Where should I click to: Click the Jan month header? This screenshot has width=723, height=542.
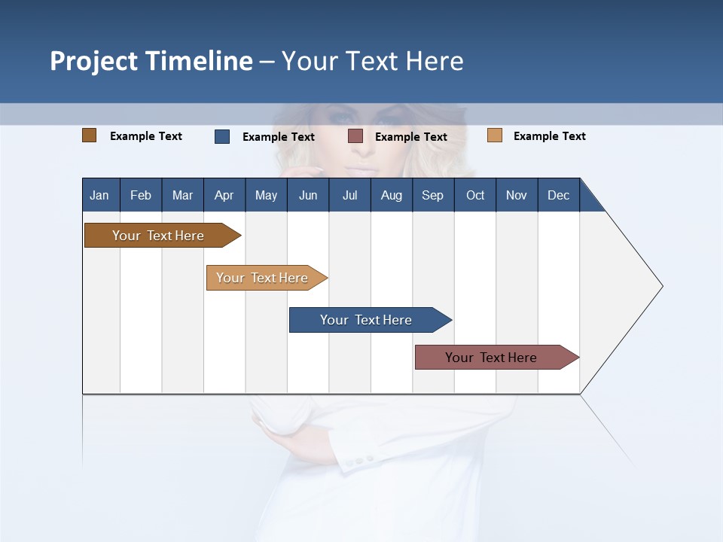coord(99,195)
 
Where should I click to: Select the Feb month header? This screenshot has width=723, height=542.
coord(141,195)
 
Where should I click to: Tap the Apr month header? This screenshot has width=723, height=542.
coord(224,195)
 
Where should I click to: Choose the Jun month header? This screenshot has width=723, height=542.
coord(308,195)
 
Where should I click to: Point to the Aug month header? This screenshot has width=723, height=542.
coord(391,195)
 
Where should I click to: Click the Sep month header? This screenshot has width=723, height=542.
coord(432,195)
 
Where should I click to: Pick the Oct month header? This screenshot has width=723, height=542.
coord(475,195)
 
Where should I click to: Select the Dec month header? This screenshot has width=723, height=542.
coord(558,195)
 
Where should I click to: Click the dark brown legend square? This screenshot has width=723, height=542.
coord(90,135)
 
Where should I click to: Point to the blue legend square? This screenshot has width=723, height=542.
coord(222,136)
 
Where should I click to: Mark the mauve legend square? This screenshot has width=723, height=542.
coord(355,136)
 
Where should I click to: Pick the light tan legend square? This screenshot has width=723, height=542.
coord(495,135)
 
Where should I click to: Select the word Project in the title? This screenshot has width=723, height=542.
coord(92,61)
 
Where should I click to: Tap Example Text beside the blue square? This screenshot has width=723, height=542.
coord(279,137)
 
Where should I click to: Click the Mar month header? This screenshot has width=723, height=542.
coord(182,195)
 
